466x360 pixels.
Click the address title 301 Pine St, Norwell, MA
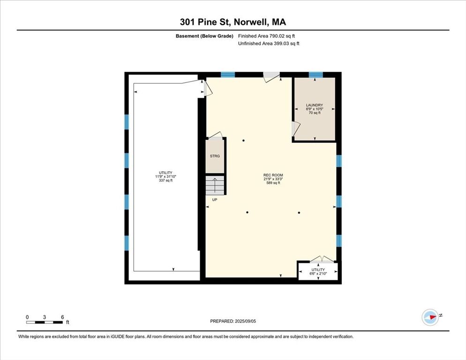coord(233,22)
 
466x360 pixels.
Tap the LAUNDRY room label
coord(315,105)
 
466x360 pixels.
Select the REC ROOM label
coord(273,175)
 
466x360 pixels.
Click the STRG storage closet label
coord(215,156)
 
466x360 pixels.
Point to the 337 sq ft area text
coord(165,180)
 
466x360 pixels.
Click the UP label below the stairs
coord(215,200)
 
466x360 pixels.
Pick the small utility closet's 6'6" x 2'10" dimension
coord(318,273)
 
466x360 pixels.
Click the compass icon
coord(430,317)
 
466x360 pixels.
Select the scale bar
coord(45,322)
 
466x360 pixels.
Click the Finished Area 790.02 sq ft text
coord(267,36)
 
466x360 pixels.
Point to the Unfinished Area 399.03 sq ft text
coord(269,44)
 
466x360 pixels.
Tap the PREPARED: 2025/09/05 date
coord(233,321)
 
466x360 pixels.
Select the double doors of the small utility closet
coord(322,259)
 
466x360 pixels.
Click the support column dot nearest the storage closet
coord(243,141)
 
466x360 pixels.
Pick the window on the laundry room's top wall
coord(316,75)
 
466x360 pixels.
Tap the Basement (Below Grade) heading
coord(204,36)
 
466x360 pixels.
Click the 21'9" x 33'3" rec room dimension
coord(273,179)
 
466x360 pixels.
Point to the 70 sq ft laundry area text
coord(315,113)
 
